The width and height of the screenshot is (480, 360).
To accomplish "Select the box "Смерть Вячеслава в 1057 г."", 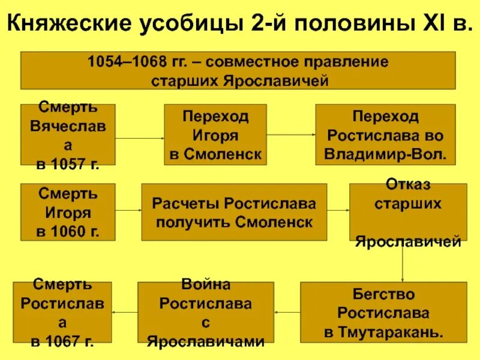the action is [x=68, y=135].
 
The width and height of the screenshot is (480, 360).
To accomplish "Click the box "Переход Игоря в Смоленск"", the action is [x=215, y=135].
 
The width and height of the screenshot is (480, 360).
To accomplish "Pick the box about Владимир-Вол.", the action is [x=385, y=135].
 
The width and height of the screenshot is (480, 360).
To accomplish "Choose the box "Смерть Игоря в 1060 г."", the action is [x=68, y=212].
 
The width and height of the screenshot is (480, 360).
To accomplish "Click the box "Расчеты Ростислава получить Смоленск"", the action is [x=234, y=212].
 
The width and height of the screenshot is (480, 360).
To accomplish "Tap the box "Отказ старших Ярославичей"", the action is [x=408, y=212].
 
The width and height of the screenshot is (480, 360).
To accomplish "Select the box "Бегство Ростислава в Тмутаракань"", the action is [x=385, y=312].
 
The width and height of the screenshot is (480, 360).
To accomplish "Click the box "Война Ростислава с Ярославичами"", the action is [x=205, y=312].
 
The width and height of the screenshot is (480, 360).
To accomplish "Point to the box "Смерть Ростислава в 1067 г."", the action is [x=62, y=312].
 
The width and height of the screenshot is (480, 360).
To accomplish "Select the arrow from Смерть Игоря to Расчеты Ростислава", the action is [x=128, y=211].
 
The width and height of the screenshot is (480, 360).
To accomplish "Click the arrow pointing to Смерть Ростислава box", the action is [x=125, y=311].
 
